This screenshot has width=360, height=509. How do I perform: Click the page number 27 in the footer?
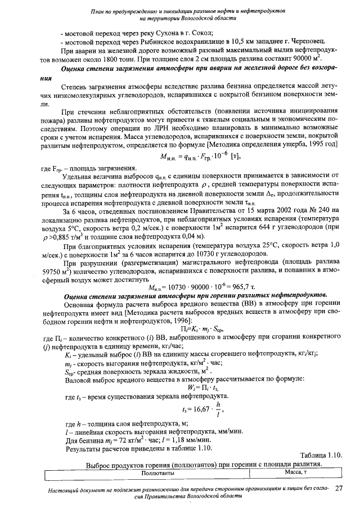point(339,489)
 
